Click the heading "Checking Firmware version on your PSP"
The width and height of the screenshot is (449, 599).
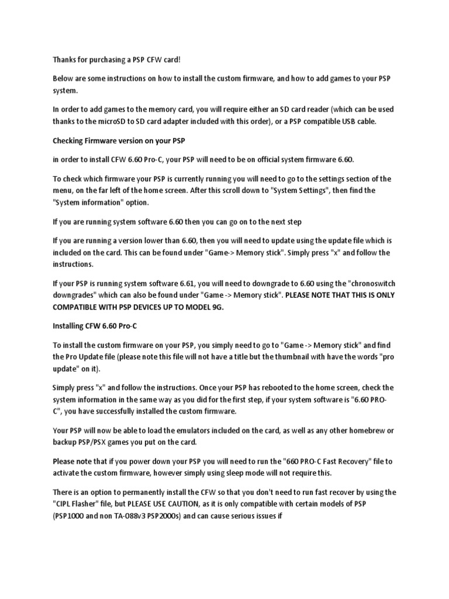tap(122, 141)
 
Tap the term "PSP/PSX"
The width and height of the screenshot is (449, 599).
tap(99, 441)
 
